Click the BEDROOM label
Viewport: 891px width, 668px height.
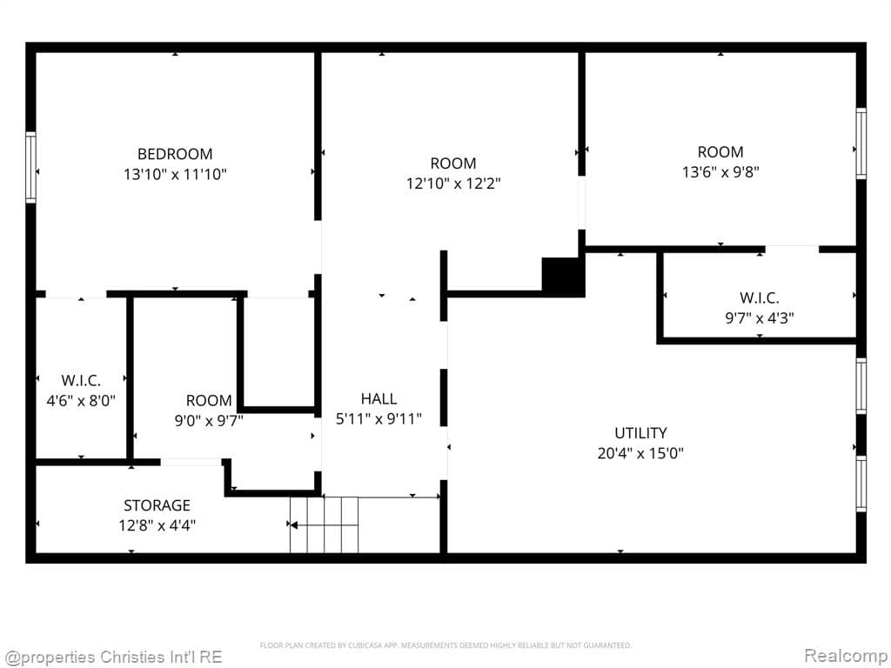[x=175, y=154]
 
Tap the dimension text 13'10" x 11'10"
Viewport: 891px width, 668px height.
[x=175, y=174]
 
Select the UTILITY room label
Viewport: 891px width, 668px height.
[x=640, y=432]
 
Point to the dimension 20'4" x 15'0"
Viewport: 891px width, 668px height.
[x=640, y=453]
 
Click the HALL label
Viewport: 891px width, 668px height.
[x=379, y=398]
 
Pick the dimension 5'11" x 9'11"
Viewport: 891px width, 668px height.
[x=379, y=419]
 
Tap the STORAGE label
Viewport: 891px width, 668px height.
[x=157, y=504]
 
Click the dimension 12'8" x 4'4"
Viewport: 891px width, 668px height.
[x=157, y=524]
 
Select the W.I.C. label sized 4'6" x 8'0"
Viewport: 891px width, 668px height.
[x=81, y=380]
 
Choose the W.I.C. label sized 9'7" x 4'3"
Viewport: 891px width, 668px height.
[x=759, y=297]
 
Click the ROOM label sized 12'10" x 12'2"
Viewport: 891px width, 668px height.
[x=453, y=163]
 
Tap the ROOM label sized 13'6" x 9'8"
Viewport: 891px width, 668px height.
[x=720, y=151]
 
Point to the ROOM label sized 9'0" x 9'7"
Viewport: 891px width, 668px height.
[x=209, y=400]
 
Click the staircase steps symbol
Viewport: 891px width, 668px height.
[x=325, y=524]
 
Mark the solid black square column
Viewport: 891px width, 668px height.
[x=562, y=277]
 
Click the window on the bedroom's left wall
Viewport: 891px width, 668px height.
[x=30, y=167]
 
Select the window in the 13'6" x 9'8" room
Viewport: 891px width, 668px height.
[x=861, y=144]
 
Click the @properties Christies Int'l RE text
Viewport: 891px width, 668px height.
[x=113, y=656]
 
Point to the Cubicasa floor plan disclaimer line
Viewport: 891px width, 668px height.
[x=445, y=645]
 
